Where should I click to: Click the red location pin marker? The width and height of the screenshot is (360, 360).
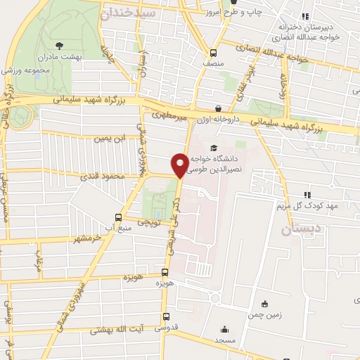click(180, 165)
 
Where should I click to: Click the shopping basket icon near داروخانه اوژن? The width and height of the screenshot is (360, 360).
click(218, 108)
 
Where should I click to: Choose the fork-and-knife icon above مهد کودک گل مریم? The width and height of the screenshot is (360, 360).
click(307, 195)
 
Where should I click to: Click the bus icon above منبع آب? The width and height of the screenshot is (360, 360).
click(117, 217)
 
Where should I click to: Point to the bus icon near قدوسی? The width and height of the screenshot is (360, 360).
click(166, 317)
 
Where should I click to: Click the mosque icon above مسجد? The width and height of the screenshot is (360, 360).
click(224, 329)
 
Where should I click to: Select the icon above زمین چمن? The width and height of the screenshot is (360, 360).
click(264, 304)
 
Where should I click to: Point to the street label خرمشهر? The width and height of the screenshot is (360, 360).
click(77, 238)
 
